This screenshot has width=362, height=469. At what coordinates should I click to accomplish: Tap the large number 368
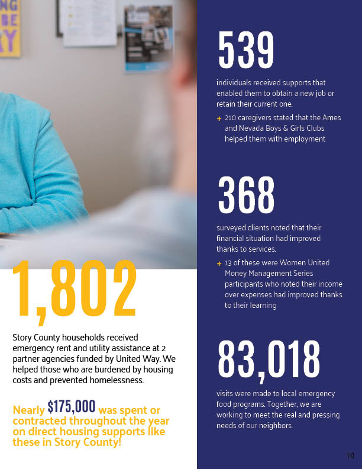point(246,195)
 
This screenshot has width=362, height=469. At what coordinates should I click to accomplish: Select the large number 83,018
point(269,359)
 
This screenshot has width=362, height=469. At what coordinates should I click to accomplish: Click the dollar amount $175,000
point(72,406)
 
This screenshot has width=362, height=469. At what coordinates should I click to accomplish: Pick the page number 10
point(350,455)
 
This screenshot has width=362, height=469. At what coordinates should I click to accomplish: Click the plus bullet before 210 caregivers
point(219,118)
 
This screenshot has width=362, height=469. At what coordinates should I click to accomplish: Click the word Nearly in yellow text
point(28,410)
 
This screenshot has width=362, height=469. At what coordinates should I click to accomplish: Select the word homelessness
point(115,380)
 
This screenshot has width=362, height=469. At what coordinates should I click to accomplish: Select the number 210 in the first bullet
point(231,118)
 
